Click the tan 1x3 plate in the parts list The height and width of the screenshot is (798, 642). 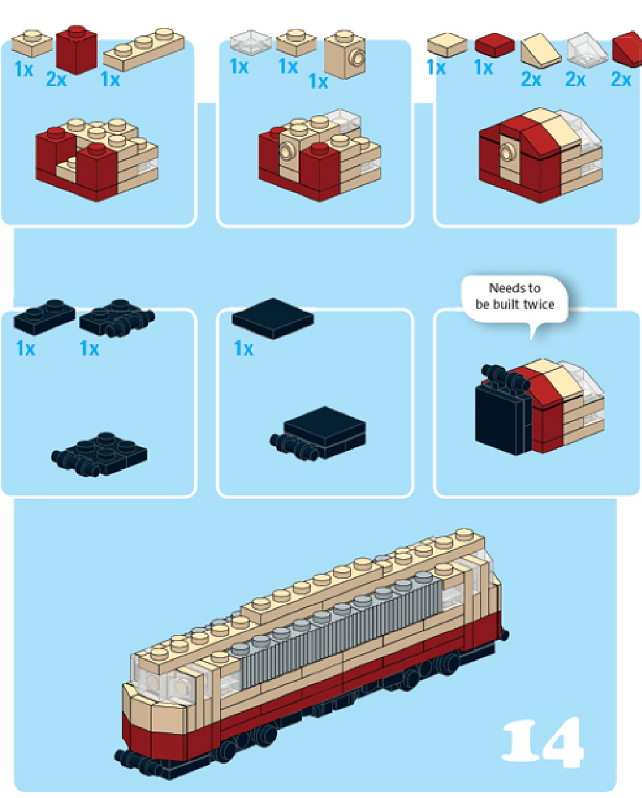point(144,49)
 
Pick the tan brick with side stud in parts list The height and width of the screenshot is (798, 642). point(345,54)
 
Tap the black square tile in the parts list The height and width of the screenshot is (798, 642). point(272,319)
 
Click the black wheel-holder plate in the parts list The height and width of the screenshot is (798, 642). point(117,318)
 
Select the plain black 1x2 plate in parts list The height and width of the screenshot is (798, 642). point(45,317)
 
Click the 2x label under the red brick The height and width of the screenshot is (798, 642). point(56,79)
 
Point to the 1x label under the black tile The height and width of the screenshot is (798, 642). point(243,349)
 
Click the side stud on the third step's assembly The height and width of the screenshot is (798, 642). point(506,152)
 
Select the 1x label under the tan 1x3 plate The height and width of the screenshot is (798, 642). point(110,79)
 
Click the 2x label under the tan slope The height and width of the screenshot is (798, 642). point(531,79)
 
